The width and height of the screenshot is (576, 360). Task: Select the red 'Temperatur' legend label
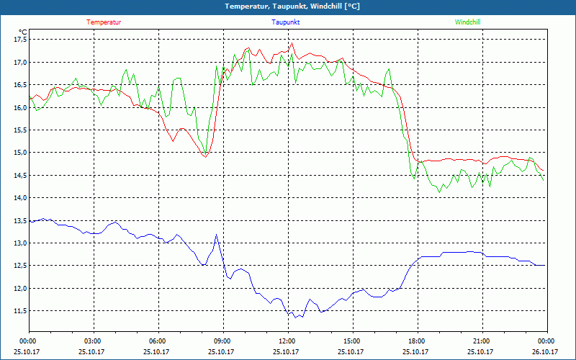pyautogui.click(x=104, y=22)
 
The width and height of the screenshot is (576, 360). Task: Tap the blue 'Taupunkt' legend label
pyautogui.click(x=286, y=22)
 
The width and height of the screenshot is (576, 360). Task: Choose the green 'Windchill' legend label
pyautogui.click(x=467, y=22)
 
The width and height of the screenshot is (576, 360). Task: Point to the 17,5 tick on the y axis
pyautogui.click(x=19, y=40)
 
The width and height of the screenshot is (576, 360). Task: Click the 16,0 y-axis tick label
pyautogui.click(x=19, y=107)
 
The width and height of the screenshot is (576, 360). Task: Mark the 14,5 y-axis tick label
pyautogui.click(x=19, y=175)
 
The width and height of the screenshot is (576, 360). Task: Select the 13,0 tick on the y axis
pyautogui.click(x=19, y=243)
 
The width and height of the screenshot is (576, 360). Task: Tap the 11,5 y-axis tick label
pyautogui.click(x=19, y=310)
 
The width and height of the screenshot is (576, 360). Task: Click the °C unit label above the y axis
pyautogui.click(x=23, y=32)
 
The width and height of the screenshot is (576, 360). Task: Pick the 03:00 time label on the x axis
pyautogui.click(x=93, y=341)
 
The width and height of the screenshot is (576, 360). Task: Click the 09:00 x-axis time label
pyautogui.click(x=222, y=341)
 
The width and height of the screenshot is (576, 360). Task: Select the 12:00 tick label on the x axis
pyautogui.click(x=287, y=341)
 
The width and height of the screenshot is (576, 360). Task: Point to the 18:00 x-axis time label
pyautogui.click(x=416, y=341)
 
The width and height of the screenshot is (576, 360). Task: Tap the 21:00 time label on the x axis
pyautogui.click(x=481, y=341)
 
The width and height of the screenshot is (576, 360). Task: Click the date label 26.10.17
pyautogui.click(x=544, y=352)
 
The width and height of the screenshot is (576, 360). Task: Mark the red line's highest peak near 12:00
pyautogui.click(x=292, y=43)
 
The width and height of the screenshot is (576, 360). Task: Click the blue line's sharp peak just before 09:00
pyautogui.click(x=216, y=234)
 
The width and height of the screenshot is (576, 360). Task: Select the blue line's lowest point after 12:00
pyautogui.click(x=296, y=318)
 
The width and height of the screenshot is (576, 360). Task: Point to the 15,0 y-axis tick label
pyautogui.click(x=19, y=153)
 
